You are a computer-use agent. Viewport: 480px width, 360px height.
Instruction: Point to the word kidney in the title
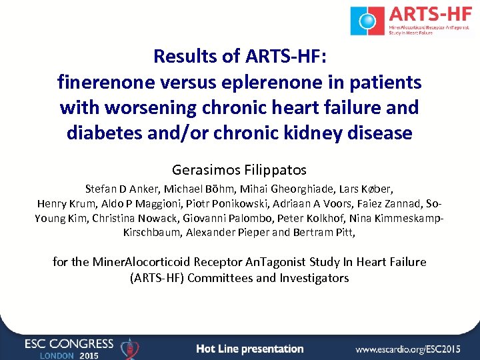tap(316, 133)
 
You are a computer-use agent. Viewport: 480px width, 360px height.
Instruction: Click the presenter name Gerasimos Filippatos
tap(240, 170)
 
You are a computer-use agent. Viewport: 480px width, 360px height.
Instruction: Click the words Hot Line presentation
tap(250, 349)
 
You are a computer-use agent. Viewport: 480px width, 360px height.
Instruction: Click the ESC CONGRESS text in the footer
tap(69, 343)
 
